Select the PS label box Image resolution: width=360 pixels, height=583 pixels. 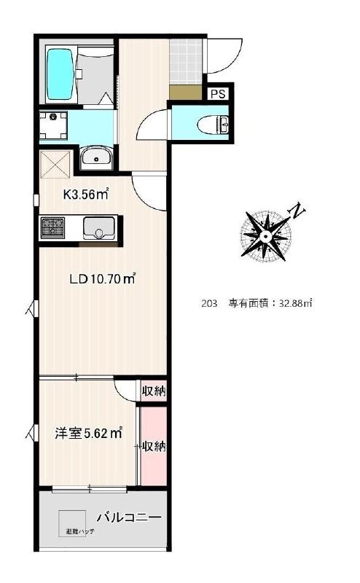click(218, 93)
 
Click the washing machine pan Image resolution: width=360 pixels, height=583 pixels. click(53, 125)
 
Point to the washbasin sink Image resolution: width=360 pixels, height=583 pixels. click(95, 157)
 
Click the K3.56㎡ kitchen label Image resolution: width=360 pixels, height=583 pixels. click(86, 195)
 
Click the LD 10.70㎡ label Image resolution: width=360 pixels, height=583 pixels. click(103, 278)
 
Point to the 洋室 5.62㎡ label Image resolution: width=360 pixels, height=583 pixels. click(87, 434)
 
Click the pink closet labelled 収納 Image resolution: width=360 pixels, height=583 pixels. click(153, 446)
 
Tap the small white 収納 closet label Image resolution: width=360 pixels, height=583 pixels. click(153, 391)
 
